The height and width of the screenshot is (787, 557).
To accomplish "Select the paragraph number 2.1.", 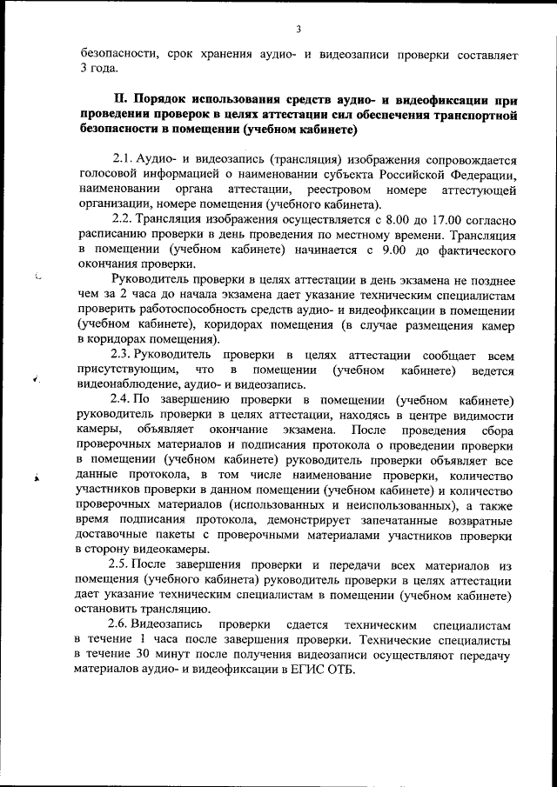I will point(123,160).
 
